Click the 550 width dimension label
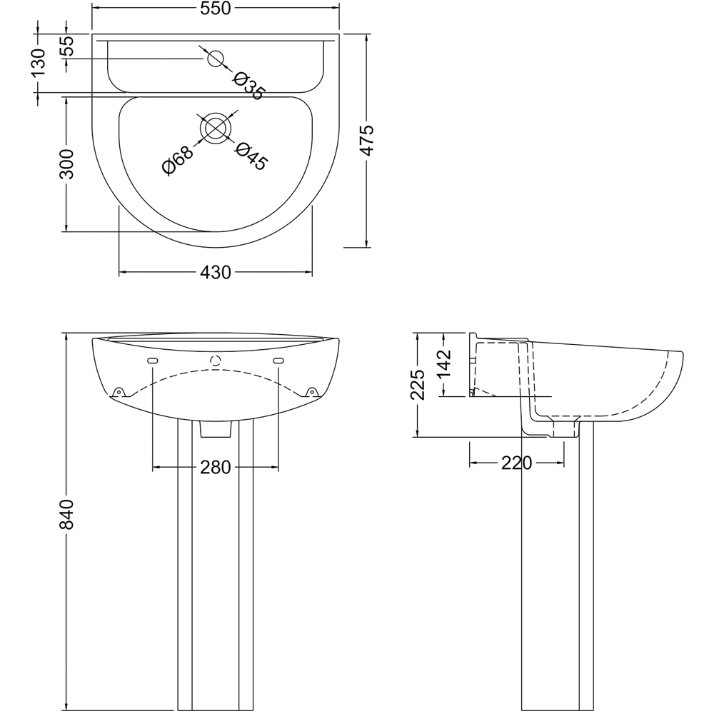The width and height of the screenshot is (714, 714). point(215,9)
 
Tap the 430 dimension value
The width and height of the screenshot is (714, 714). point(216,272)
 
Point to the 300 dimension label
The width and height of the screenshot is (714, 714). point(66,165)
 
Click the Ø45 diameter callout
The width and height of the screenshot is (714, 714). point(251,156)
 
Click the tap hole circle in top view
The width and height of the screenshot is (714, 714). point(215,59)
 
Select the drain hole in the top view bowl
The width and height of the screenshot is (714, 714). point(215,128)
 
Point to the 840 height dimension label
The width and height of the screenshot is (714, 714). point(66,514)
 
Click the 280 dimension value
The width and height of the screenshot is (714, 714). point(216,467)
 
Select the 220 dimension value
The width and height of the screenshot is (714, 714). point(516,463)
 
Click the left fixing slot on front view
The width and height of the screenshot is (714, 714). point(153,361)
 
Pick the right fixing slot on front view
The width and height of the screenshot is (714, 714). point(278,361)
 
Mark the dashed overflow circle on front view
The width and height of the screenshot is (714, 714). point(216,361)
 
